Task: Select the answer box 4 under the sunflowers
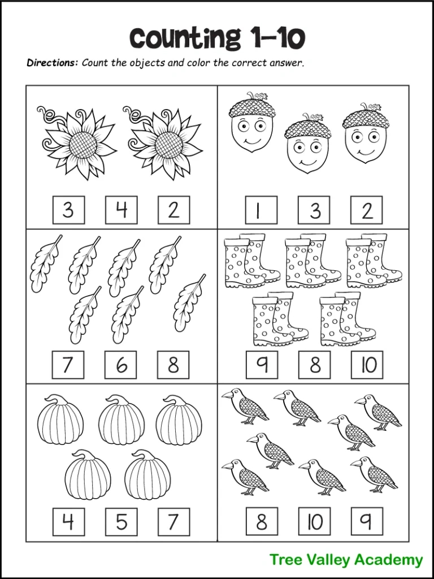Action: coord(121,210)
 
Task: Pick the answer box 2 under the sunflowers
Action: coord(173,210)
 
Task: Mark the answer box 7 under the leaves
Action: coord(68,365)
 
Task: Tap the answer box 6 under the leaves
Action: coord(121,365)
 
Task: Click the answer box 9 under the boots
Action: coord(261,365)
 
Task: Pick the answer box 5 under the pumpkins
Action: coord(121,521)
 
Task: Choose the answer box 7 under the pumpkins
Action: coord(173,521)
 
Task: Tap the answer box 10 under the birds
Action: coord(314,521)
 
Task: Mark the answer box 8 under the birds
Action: coord(261,521)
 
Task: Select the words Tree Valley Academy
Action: coord(346,560)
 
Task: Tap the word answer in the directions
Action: coord(288,63)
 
